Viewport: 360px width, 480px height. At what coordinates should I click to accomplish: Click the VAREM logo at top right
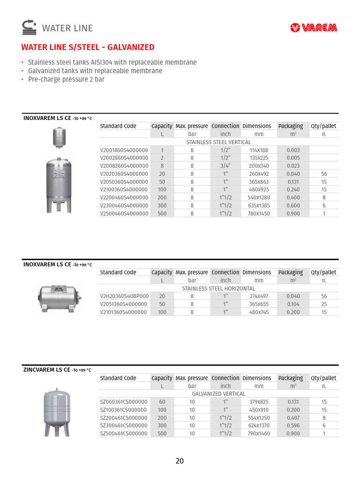tap(314, 28)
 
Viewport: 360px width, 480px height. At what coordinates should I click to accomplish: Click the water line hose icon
tap(29, 28)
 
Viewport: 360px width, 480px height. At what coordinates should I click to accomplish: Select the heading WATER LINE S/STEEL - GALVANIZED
tap(88, 47)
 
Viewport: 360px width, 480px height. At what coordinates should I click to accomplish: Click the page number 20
tap(180, 461)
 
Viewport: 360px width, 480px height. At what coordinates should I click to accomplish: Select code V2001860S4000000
tap(124, 150)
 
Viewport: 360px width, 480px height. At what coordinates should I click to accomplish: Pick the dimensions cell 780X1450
tap(259, 213)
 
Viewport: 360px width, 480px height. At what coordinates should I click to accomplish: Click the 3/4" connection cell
tap(225, 166)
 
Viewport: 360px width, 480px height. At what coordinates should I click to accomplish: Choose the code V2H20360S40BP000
tap(124, 296)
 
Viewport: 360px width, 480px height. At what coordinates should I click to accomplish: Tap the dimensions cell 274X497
tap(259, 296)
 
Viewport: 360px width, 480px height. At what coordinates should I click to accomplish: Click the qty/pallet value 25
tap(324, 304)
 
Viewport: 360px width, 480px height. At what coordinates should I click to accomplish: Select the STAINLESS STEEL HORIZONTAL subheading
tap(218, 288)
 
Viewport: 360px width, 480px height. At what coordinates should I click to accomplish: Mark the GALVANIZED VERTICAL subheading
tap(218, 394)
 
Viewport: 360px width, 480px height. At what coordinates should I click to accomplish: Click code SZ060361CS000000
tap(124, 402)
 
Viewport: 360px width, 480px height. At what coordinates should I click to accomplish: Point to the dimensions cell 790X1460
tap(259, 434)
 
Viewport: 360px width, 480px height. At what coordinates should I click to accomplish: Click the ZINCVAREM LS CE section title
tap(47, 370)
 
